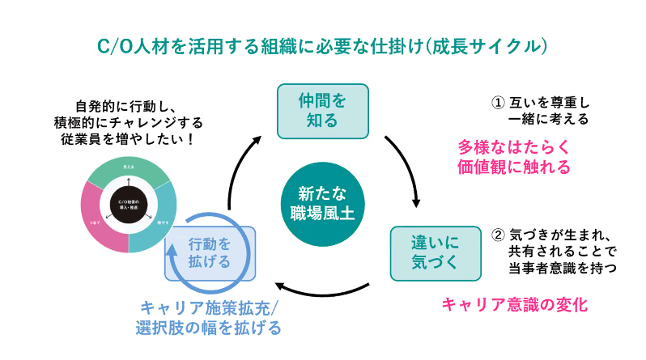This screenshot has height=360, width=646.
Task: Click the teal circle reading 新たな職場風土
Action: tap(321, 202)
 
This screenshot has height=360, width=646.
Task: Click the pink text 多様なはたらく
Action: tap(514, 147)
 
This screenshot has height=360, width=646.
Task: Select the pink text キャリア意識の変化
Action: tap(513, 305)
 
